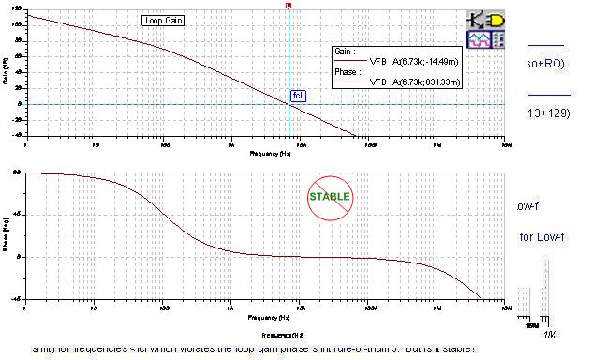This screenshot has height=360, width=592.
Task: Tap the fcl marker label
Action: tap(298, 96)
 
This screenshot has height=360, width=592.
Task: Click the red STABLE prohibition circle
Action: tap(330, 197)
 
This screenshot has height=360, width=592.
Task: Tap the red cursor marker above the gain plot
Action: tap(289, 6)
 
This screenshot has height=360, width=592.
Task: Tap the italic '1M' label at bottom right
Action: tap(549, 334)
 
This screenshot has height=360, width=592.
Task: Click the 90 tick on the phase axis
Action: tap(17, 173)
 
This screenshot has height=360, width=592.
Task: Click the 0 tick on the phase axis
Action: tap(19, 256)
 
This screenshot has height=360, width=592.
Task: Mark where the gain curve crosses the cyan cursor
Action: tap(289, 104)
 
